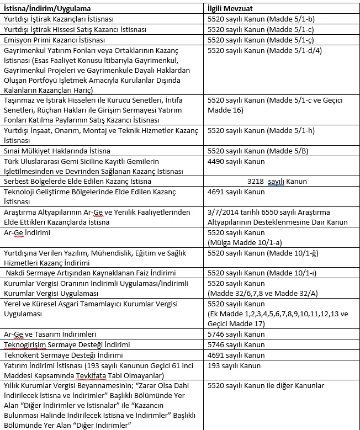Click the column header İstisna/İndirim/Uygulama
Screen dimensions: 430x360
(x=47, y=9)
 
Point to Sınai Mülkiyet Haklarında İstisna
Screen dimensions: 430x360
(x=57, y=151)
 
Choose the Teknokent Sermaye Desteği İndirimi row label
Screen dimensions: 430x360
(x=63, y=355)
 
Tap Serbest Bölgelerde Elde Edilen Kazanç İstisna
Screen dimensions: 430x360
(x=77, y=181)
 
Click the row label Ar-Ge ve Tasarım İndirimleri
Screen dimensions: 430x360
(x=50, y=334)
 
